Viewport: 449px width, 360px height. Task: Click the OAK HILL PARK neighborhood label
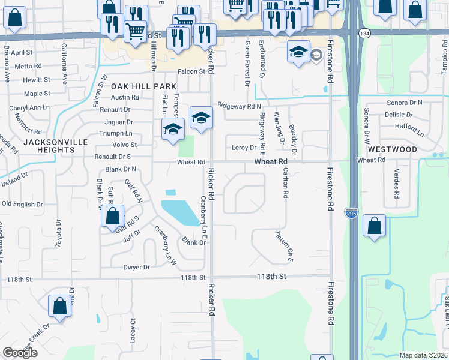coord(143,86)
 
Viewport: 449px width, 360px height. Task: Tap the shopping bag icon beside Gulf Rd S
coord(112,216)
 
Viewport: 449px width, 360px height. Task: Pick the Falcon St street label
coord(190,71)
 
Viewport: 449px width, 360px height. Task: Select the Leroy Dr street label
coord(244,148)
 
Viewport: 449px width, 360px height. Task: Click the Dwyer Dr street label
coord(136,267)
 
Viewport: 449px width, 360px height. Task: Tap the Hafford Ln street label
coord(409,127)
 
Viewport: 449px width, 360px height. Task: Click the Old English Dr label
coord(22,204)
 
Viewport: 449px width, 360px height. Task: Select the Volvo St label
coord(125,145)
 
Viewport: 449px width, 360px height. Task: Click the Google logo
coord(20,353)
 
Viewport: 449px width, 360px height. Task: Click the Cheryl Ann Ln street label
coord(29,108)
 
